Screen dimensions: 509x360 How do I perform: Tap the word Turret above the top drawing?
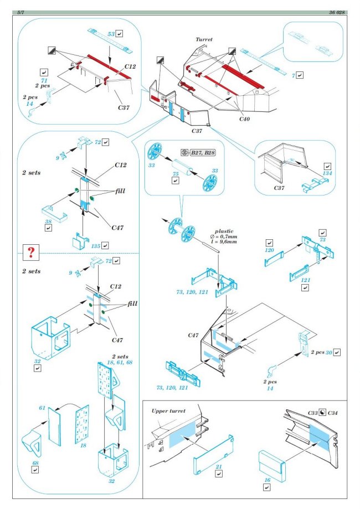204,40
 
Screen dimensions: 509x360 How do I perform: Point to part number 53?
111,34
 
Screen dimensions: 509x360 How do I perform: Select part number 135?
95,245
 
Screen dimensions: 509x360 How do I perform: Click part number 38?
49,220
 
